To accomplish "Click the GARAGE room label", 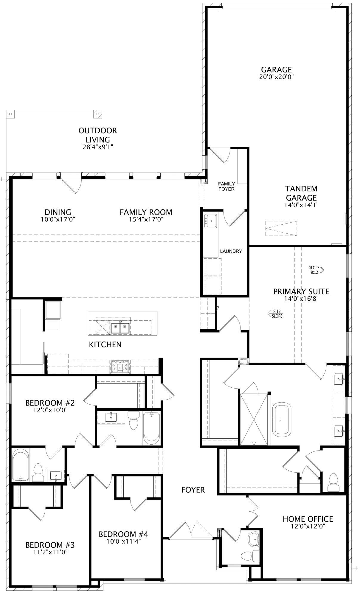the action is tap(276, 70).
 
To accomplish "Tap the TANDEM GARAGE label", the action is tap(301, 193).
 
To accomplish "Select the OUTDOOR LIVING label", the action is tap(98, 135).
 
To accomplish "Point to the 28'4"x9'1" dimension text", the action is tap(98, 147).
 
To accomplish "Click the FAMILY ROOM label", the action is tap(146, 212).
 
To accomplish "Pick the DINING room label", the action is tap(58, 212).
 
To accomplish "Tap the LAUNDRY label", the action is tap(231, 251).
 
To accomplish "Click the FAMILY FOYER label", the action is tap(226, 187).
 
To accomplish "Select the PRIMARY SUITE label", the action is tap(301, 291).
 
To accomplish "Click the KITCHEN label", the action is tap(105, 344).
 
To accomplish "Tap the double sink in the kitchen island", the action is tap(120, 328).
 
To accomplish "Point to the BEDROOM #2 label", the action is tap(50, 403).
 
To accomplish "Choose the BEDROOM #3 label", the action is tap(50, 545).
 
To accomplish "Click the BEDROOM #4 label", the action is tap(123, 534).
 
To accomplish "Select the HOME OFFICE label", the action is tap(308, 519).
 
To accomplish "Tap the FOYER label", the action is tap(193, 490).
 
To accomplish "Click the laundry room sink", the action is tap(210, 221).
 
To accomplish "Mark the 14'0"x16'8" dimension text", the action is tap(301, 299).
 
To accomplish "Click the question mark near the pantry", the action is tap(218, 308).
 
